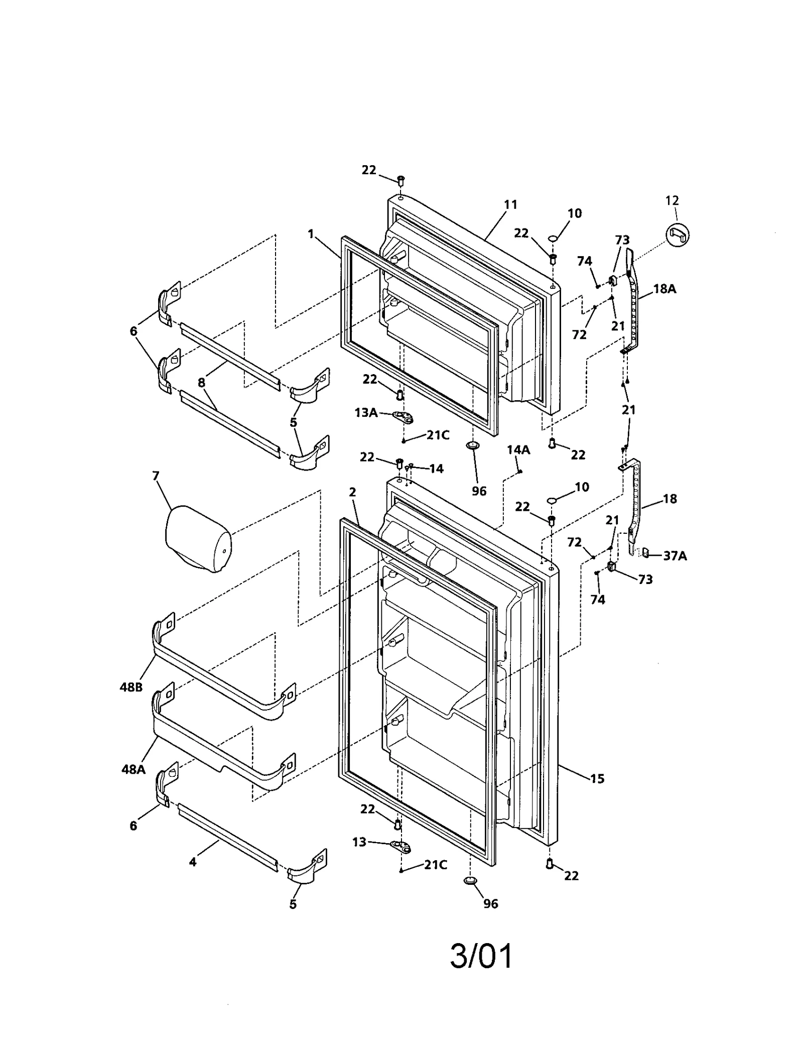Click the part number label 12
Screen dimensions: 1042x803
click(x=672, y=200)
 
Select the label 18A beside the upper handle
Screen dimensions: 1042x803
click(x=664, y=289)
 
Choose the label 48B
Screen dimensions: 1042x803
click(x=131, y=687)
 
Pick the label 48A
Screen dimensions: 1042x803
click(x=133, y=769)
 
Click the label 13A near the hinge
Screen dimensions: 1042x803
click(x=366, y=413)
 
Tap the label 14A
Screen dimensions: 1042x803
click(x=518, y=450)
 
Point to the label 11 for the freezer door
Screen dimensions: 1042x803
click(x=510, y=204)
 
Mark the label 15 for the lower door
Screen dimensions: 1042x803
click(x=597, y=779)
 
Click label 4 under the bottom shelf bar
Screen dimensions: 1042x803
click(x=193, y=862)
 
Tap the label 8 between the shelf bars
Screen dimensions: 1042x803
click(x=201, y=383)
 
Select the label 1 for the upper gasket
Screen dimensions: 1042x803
click(x=311, y=234)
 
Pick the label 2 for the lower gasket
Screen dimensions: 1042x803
click(x=352, y=492)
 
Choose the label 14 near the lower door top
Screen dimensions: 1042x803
click(x=437, y=469)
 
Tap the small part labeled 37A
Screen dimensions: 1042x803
click(x=646, y=553)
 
